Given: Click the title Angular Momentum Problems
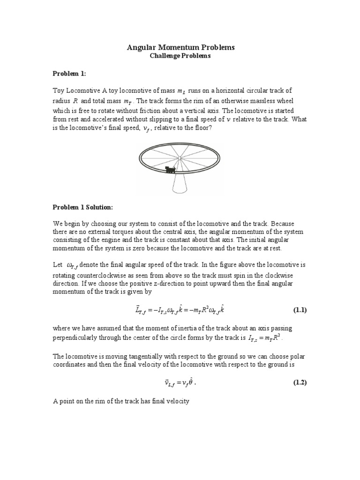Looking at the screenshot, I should [x=180, y=47].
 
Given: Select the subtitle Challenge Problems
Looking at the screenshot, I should [x=180, y=56].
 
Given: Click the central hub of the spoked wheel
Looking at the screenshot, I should [x=180, y=158].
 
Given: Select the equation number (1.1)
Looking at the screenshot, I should [x=300, y=310].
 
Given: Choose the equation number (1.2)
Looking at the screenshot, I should [x=300, y=382].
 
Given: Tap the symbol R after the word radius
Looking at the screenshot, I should [x=75, y=101].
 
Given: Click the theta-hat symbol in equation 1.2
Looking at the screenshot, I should [x=188, y=382].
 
